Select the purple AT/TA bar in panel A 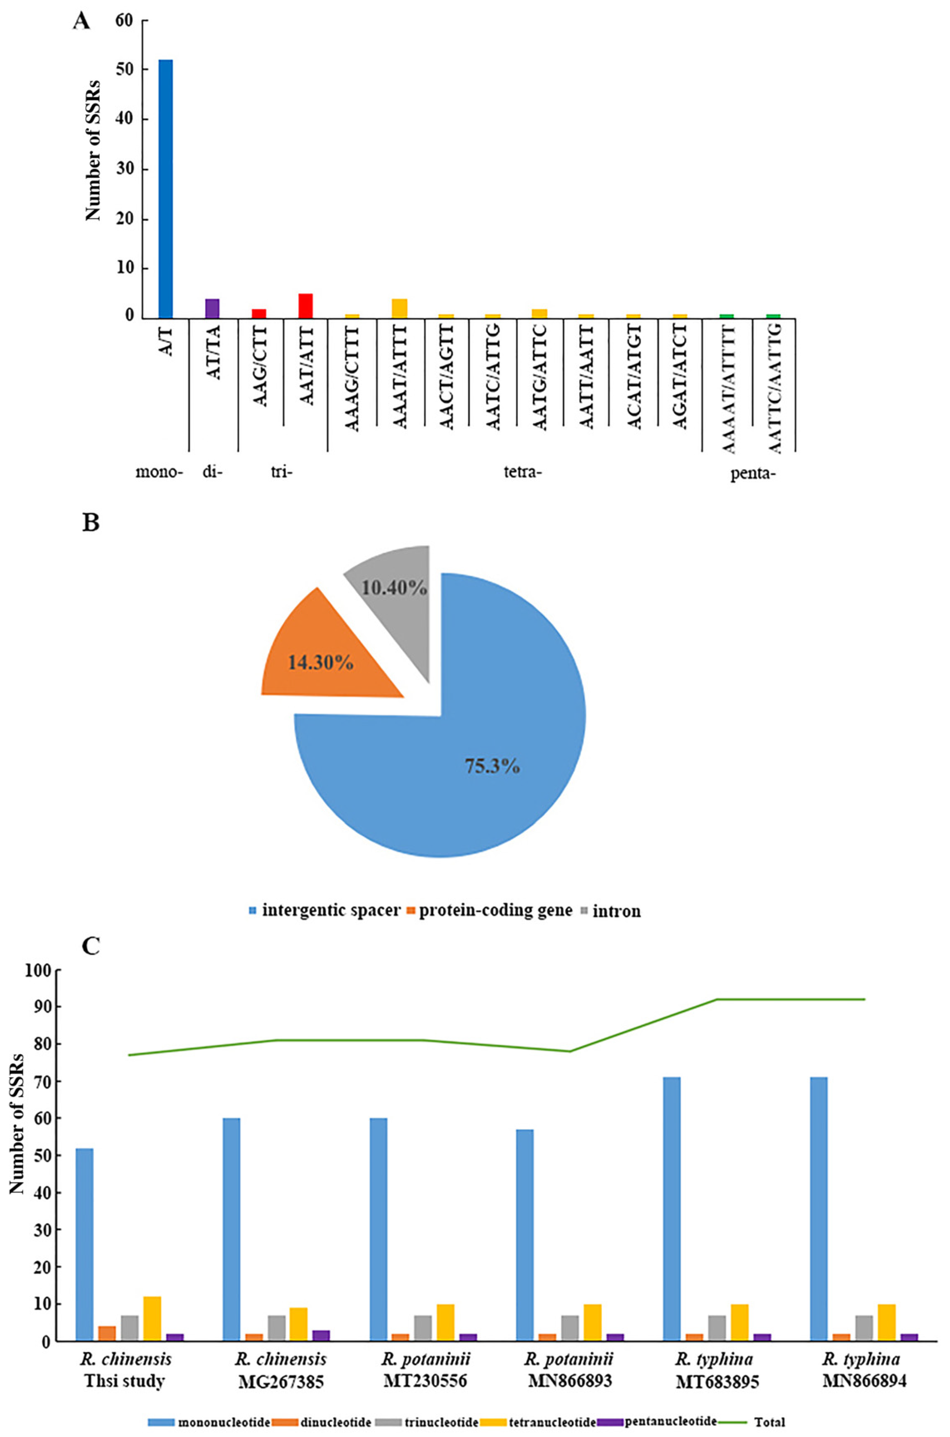coord(212,308)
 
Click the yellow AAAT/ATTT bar coord(399,308)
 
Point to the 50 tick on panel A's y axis coord(124,70)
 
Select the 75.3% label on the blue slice coord(492,766)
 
